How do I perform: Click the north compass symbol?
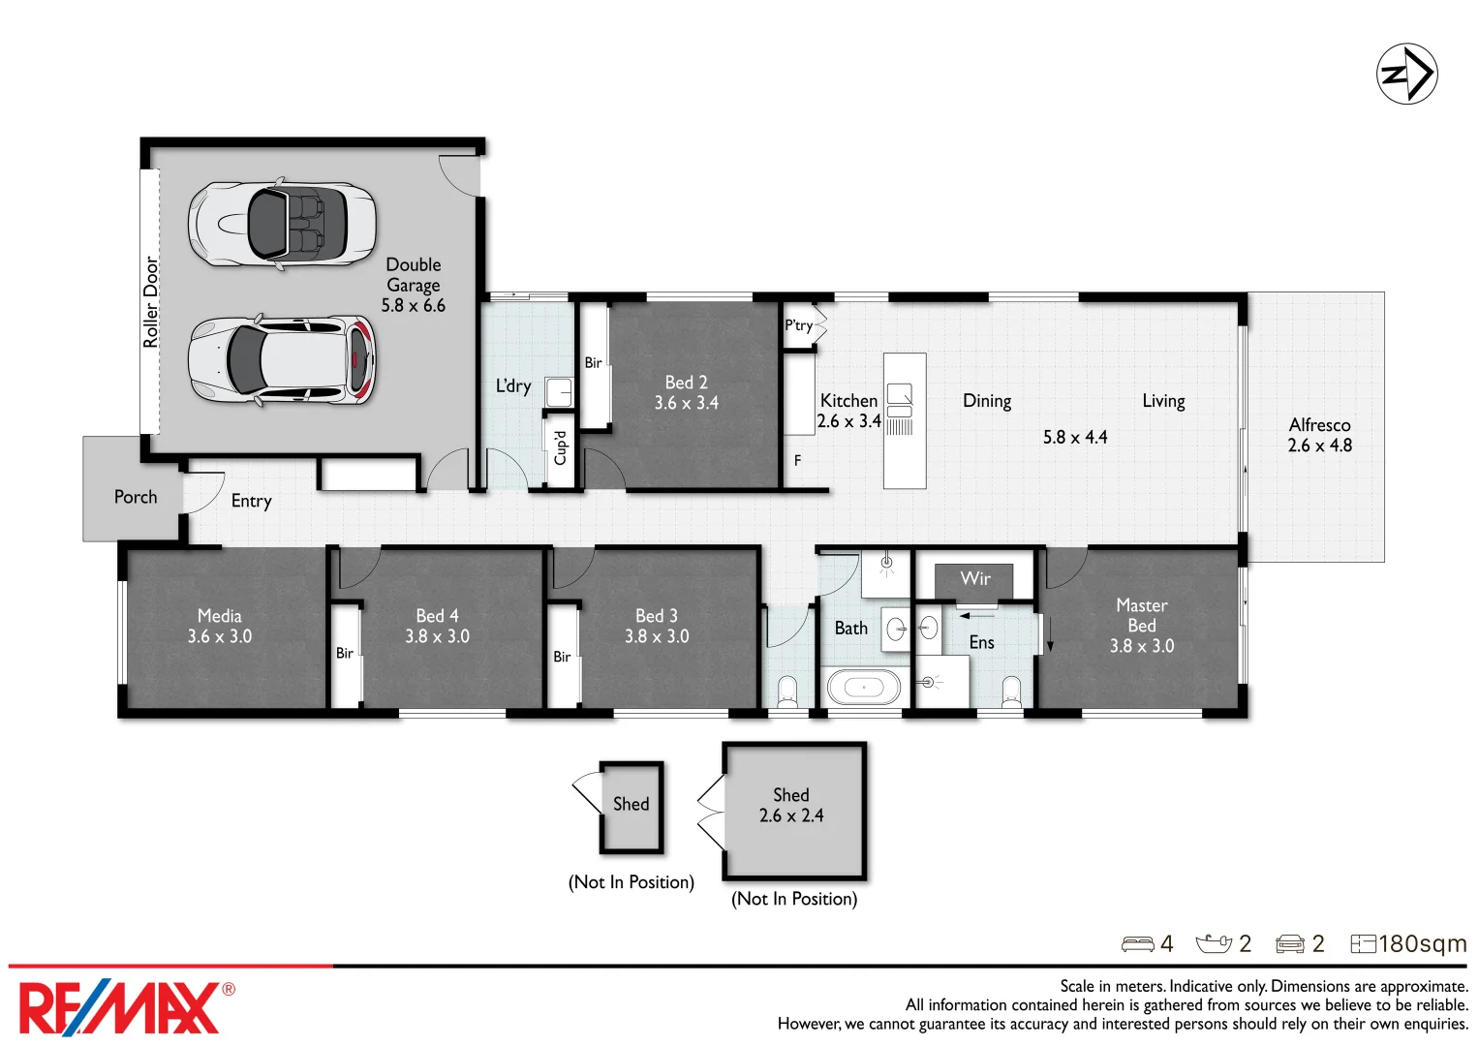click(x=1406, y=74)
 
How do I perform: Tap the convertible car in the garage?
click(x=282, y=224)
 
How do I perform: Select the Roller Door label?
click(x=151, y=302)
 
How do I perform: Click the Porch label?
click(x=136, y=497)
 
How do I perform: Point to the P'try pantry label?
click(x=799, y=324)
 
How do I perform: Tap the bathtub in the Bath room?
click(x=864, y=687)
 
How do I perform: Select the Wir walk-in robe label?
click(x=975, y=578)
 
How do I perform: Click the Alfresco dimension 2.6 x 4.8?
click(x=1320, y=446)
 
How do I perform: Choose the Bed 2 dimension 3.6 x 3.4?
click(x=686, y=402)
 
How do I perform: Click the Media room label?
click(x=219, y=615)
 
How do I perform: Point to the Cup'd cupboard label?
click(x=560, y=448)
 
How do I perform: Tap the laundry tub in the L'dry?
click(x=559, y=393)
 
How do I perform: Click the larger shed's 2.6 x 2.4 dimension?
click(x=791, y=815)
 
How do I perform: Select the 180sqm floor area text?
click(x=1422, y=943)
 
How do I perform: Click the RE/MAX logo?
click(x=127, y=1007)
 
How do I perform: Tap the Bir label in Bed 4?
click(x=345, y=653)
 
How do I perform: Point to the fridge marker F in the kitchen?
click(x=797, y=460)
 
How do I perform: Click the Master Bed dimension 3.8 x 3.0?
click(x=1142, y=646)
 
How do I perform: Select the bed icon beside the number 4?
click(x=1138, y=944)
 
